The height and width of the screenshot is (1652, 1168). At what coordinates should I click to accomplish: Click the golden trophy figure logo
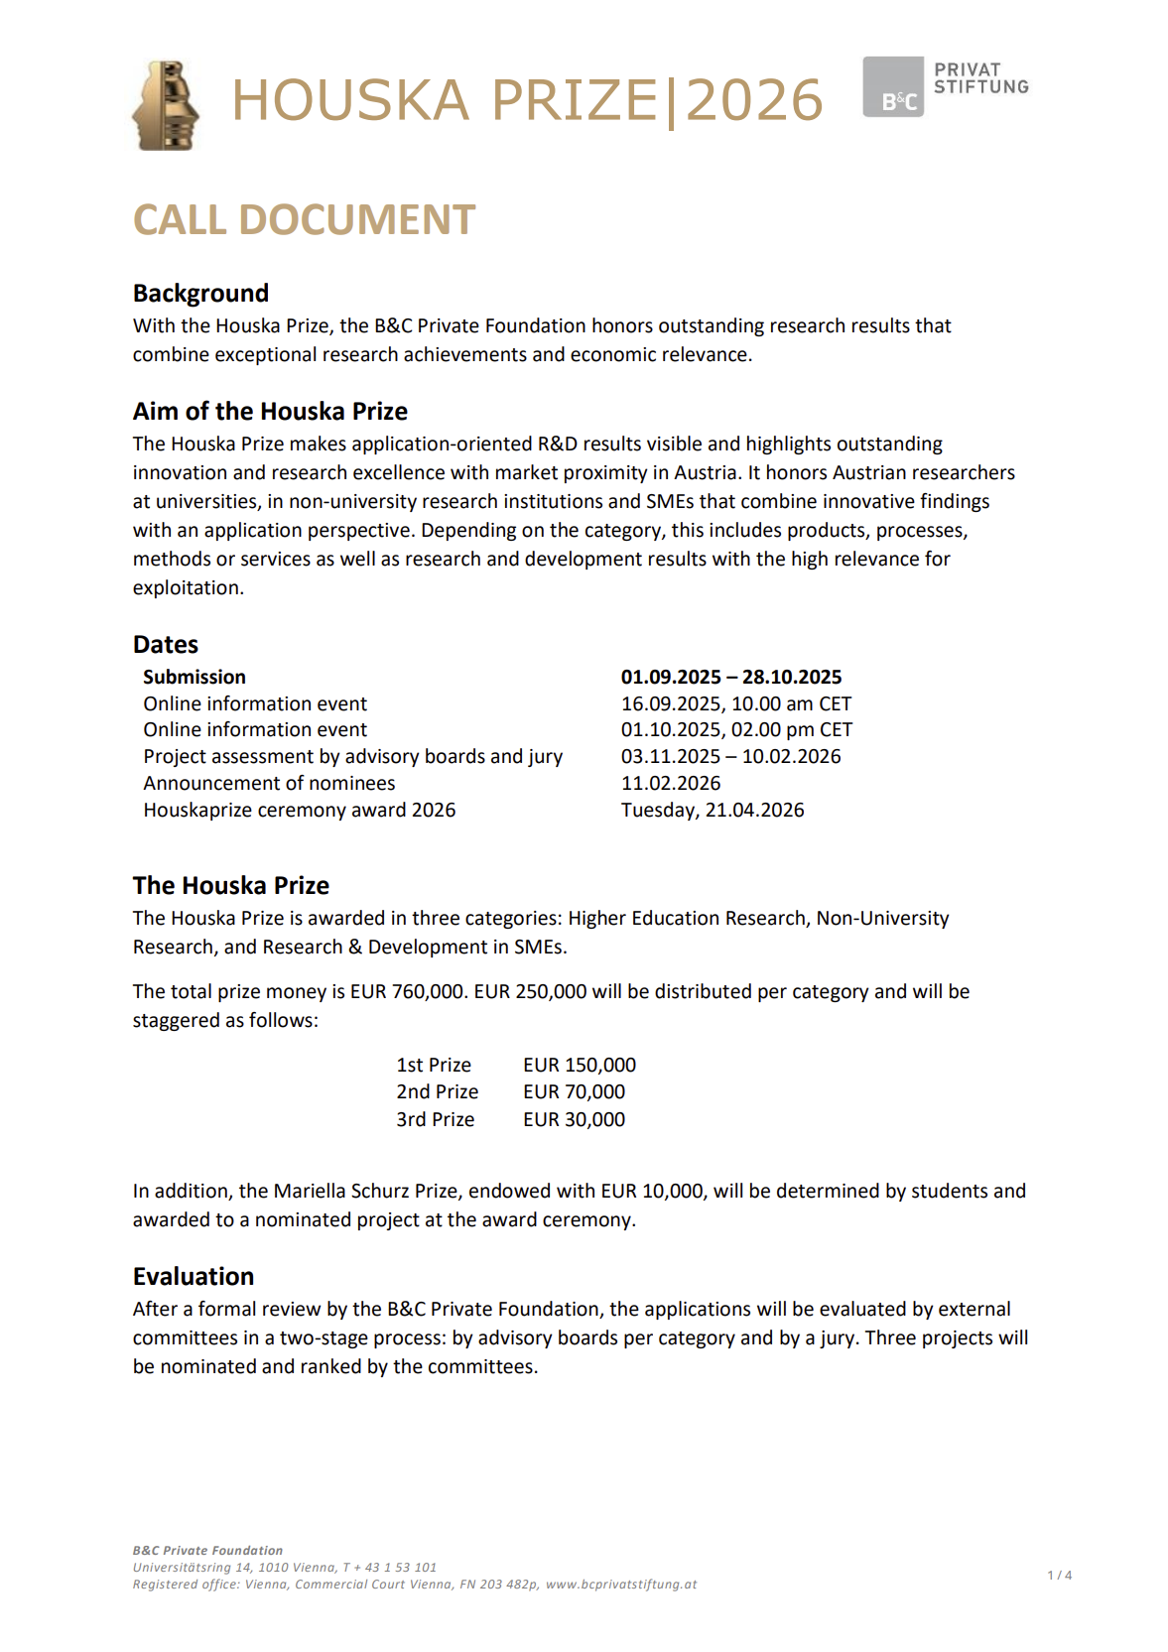(x=166, y=105)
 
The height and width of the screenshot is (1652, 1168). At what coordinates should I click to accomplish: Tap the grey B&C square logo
(x=892, y=87)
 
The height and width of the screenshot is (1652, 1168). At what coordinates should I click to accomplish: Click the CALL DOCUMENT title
(x=304, y=219)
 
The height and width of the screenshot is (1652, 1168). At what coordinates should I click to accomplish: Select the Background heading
(x=200, y=293)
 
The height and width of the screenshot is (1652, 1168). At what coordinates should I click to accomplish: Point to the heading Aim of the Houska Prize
(x=270, y=411)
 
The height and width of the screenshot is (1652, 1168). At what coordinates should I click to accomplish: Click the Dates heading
(x=166, y=644)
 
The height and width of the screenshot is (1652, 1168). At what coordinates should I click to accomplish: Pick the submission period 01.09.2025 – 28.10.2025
(x=730, y=677)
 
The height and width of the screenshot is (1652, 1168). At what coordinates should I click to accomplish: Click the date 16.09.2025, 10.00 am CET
(x=735, y=703)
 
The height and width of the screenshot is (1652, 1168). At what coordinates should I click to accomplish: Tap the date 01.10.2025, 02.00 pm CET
(x=736, y=729)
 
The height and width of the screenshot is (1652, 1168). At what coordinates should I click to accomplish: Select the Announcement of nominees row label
(x=269, y=783)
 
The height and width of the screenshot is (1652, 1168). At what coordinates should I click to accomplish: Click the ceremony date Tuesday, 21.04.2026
(x=712, y=810)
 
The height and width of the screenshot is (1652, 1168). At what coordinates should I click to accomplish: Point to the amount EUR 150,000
(x=580, y=1065)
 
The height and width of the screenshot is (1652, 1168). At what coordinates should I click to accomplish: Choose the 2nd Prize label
(x=437, y=1091)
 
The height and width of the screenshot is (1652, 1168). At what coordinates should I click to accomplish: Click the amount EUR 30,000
(x=574, y=1119)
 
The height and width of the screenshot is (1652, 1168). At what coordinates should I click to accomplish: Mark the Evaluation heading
(x=194, y=1276)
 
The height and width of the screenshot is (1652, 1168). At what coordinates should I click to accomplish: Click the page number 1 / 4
(x=1059, y=1575)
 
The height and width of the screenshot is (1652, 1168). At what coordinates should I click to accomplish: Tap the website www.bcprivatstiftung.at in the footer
(x=621, y=1585)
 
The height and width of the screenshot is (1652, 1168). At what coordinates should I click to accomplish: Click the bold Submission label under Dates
(x=195, y=677)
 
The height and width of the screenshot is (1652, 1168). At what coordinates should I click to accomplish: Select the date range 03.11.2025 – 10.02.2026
(x=730, y=756)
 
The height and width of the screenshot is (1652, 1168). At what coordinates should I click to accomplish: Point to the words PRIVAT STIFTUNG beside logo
(x=980, y=78)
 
